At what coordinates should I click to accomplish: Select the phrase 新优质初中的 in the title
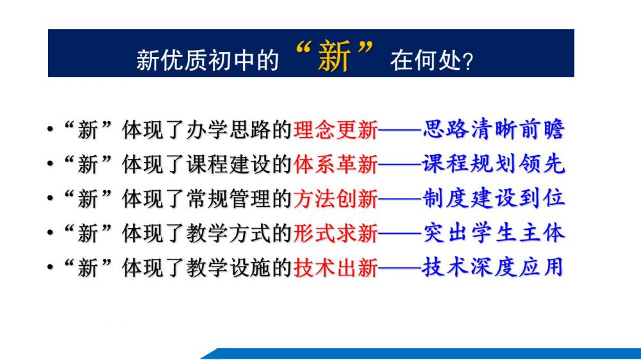point(207,60)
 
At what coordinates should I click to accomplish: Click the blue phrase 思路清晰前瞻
point(494,129)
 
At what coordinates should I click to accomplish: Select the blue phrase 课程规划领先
point(494,163)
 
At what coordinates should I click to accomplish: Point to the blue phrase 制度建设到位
point(494,198)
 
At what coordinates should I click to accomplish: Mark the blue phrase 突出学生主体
point(494,233)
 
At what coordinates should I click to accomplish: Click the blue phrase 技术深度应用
point(493,267)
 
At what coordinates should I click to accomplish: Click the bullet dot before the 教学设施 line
point(50,267)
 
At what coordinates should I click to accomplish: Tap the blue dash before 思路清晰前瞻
point(400,130)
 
